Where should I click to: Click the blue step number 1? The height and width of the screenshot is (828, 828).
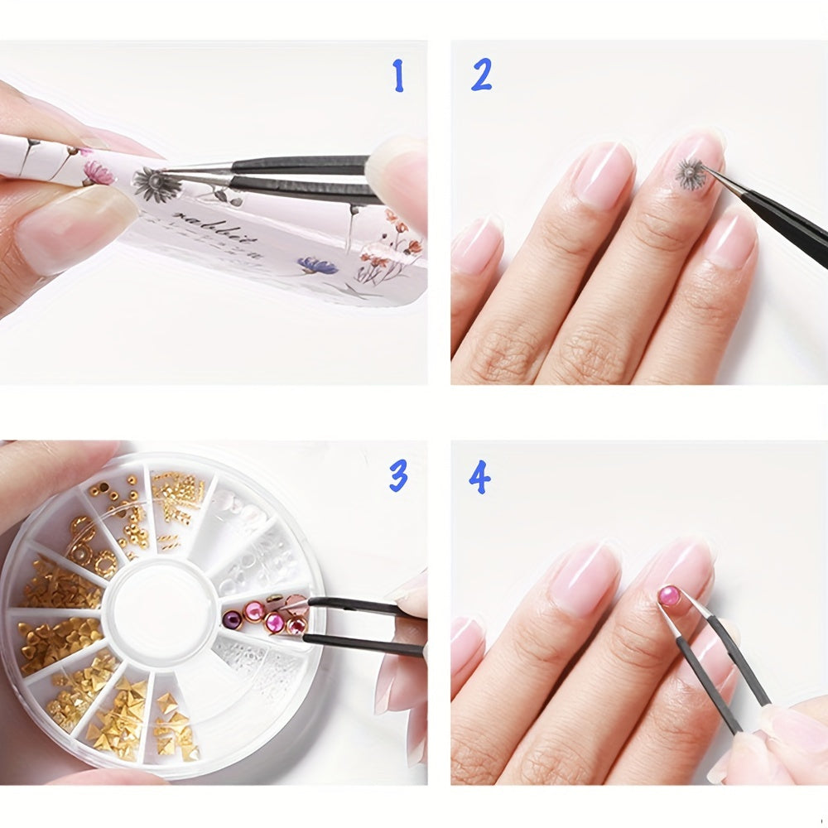[398, 76]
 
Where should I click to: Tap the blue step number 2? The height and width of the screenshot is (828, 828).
[481, 75]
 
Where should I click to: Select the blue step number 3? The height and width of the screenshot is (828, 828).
[398, 476]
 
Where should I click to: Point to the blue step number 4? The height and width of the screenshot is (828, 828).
[479, 478]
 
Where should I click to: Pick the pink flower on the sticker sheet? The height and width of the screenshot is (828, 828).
[99, 172]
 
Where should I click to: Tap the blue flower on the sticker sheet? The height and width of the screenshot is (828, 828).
[317, 265]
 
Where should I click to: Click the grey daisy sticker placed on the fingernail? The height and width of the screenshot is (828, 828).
[689, 172]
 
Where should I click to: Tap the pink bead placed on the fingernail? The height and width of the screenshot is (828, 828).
[669, 595]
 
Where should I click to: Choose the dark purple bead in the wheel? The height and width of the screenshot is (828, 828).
[231, 614]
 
